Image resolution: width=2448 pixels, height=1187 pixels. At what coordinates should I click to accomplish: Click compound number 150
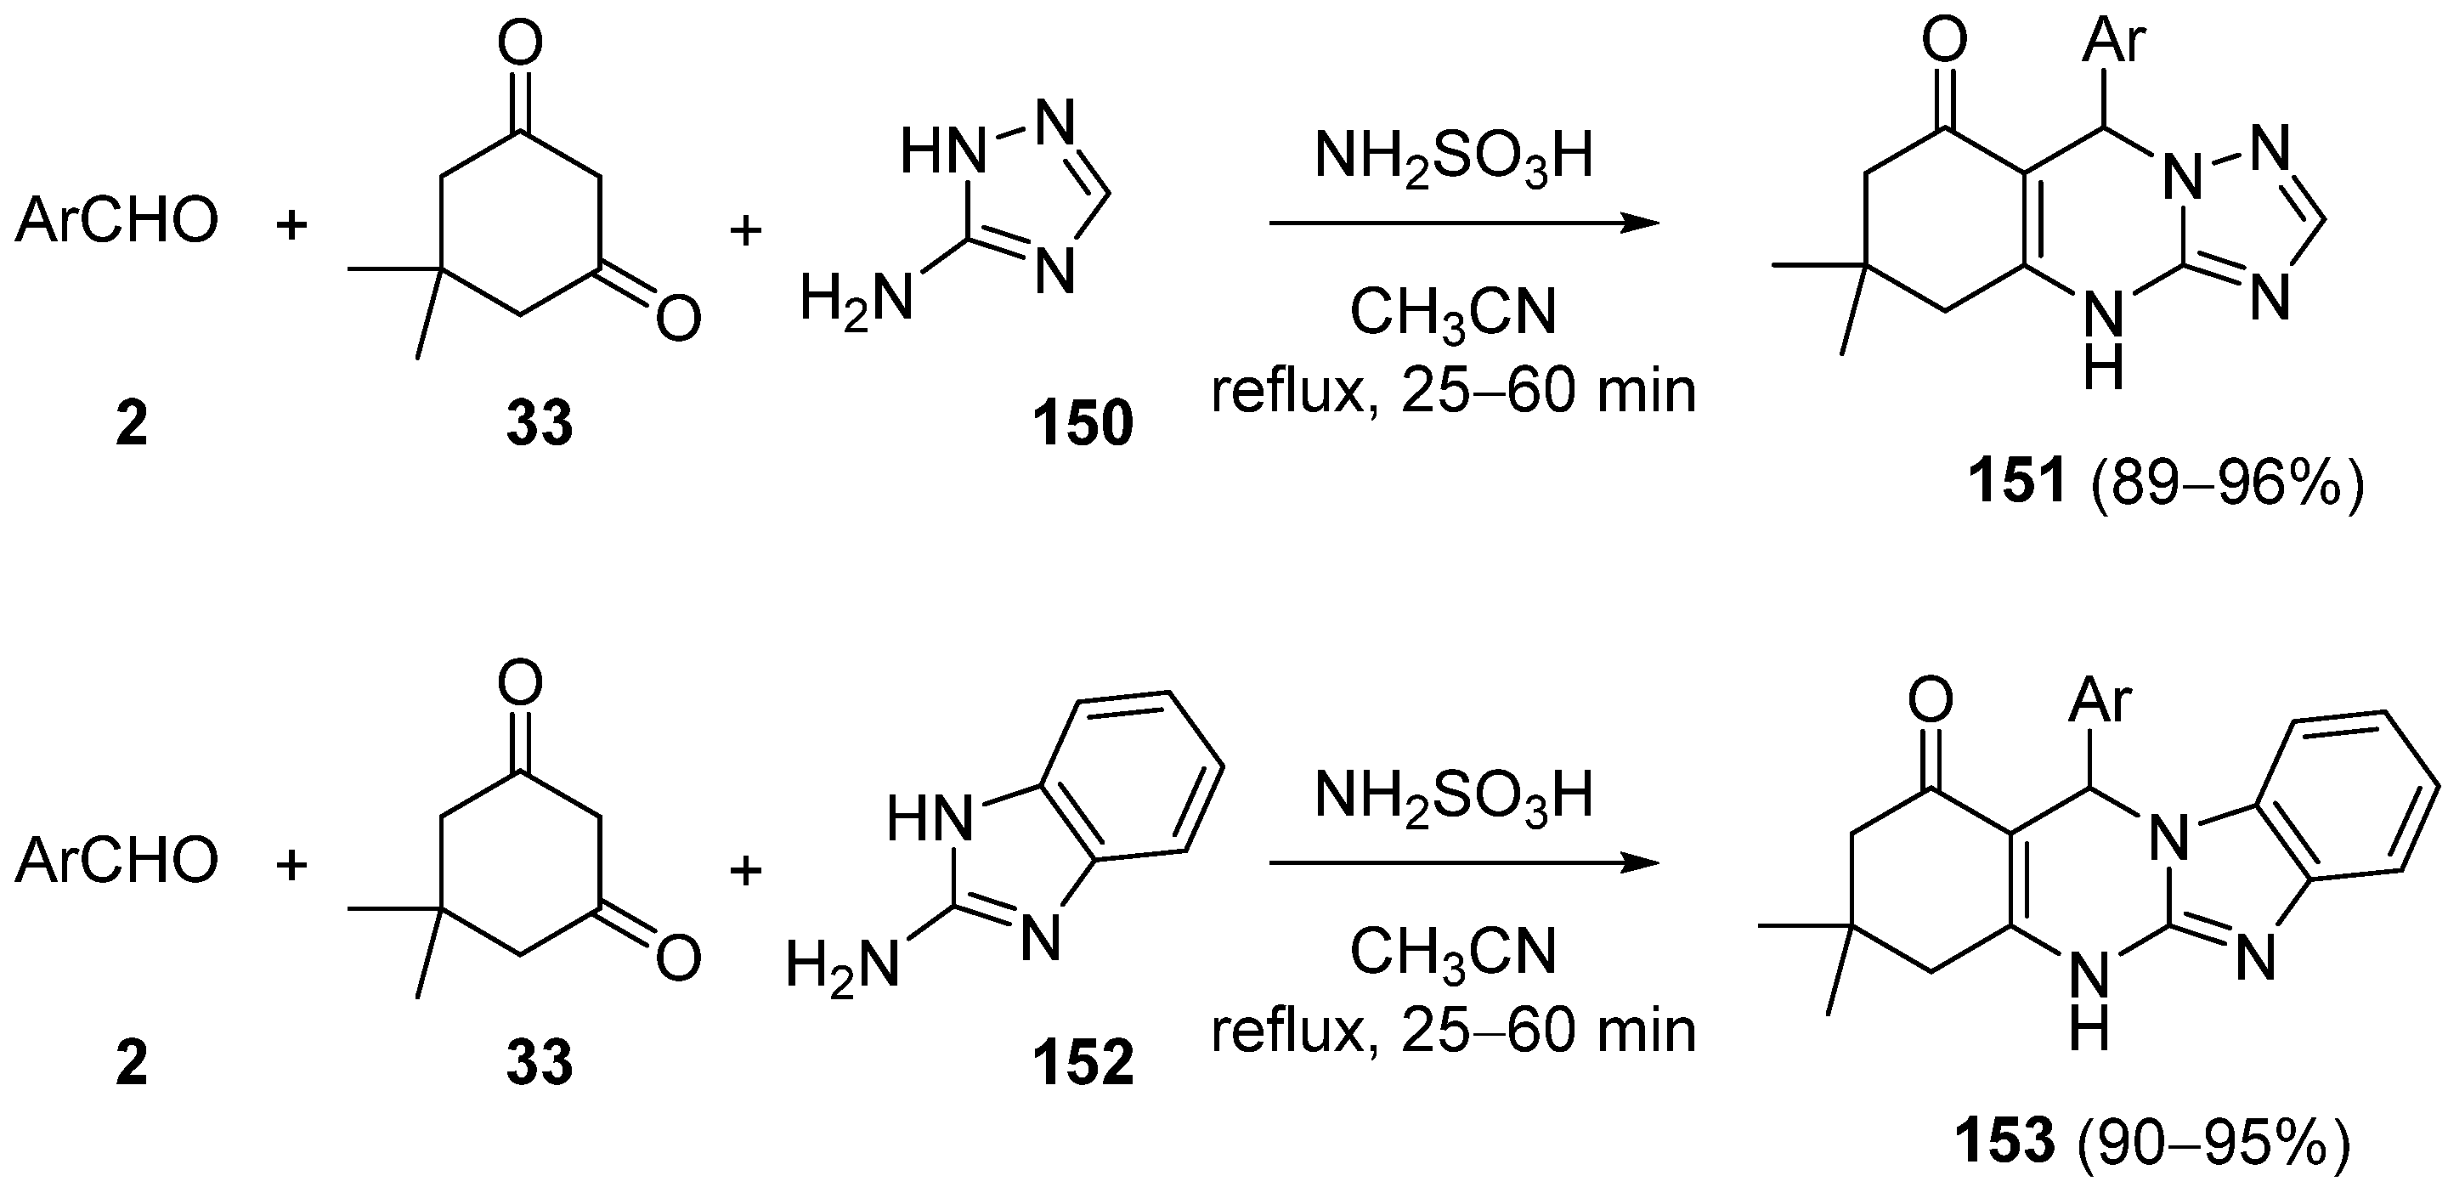1083,424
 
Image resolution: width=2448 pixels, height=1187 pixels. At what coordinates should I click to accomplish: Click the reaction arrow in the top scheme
1463,224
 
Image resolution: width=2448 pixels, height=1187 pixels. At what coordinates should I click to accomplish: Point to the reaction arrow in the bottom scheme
1463,864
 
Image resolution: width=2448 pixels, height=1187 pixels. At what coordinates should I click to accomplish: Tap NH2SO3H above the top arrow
1454,157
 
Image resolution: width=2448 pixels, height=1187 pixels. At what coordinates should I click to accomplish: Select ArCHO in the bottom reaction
116,861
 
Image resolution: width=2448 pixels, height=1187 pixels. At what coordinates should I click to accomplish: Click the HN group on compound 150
941,152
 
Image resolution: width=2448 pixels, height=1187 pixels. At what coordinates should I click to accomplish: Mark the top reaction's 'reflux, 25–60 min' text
1454,391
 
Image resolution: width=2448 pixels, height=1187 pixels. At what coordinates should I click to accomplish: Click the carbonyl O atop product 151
1944,43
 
